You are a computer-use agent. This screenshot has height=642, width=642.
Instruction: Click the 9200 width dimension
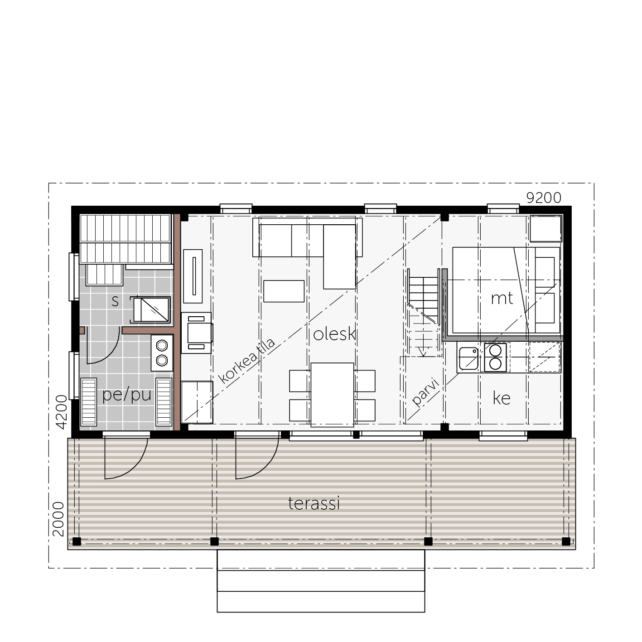click(x=544, y=198)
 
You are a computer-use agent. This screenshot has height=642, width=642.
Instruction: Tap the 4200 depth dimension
click(x=62, y=412)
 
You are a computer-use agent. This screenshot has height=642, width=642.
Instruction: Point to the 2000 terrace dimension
click(x=58, y=519)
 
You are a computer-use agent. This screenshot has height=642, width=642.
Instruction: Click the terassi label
click(x=314, y=503)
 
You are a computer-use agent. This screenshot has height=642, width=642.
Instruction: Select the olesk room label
click(x=334, y=334)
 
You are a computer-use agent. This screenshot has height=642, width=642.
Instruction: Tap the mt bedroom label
click(x=502, y=299)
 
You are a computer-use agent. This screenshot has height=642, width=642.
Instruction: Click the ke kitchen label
click(x=502, y=398)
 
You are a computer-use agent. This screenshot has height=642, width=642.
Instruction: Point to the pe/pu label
click(x=126, y=395)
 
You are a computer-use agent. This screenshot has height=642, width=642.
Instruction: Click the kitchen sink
click(x=469, y=358)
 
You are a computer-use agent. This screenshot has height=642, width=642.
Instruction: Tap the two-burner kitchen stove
click(x=495, y=357)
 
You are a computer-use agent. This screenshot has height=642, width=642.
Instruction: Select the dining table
click(x=332, y=395)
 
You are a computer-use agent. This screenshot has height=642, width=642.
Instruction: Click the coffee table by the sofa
click(x=284, y=291)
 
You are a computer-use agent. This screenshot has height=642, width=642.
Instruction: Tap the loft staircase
click(x=424, y=313)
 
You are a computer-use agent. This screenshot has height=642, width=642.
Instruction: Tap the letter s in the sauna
click(x=115, y=301)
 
